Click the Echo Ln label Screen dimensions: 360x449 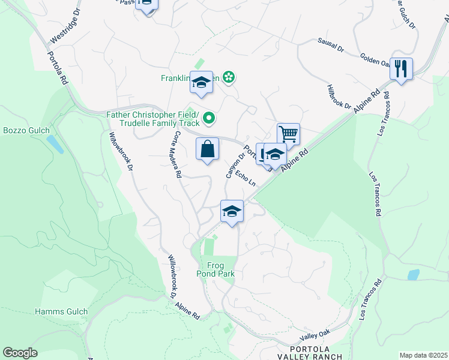pos(246,179)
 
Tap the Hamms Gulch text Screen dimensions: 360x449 pos(61,311)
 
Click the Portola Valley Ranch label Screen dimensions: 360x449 pos(311,353)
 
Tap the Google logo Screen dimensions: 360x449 pos(20,353)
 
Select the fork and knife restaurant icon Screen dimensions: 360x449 pos(401,68)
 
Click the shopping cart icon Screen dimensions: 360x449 pos(288,134)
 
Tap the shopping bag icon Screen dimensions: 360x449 pos(207,149)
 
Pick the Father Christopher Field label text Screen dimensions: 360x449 pos(152,115)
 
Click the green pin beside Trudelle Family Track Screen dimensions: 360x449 pos(209,119)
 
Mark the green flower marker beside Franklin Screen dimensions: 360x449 pos(228,77)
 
